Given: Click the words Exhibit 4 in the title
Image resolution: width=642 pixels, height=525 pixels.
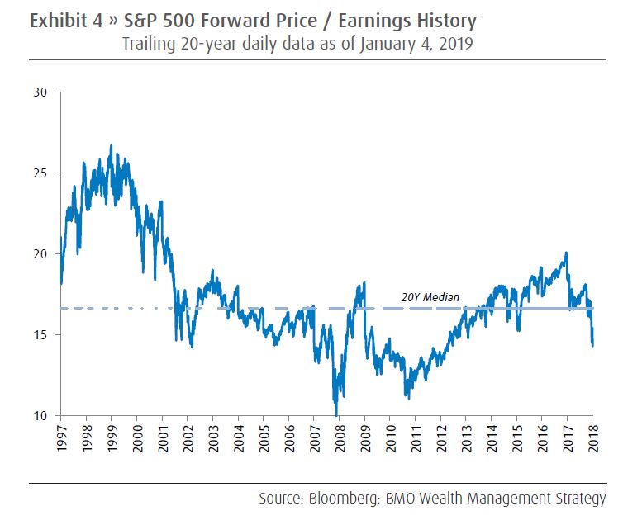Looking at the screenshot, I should click(63, 20).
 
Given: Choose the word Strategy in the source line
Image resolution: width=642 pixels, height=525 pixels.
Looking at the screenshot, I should click(582, 499).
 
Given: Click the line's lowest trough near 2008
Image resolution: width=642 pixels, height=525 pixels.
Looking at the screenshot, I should click(336, 414).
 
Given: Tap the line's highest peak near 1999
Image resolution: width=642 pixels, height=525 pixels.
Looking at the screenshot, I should click(111, 145).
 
